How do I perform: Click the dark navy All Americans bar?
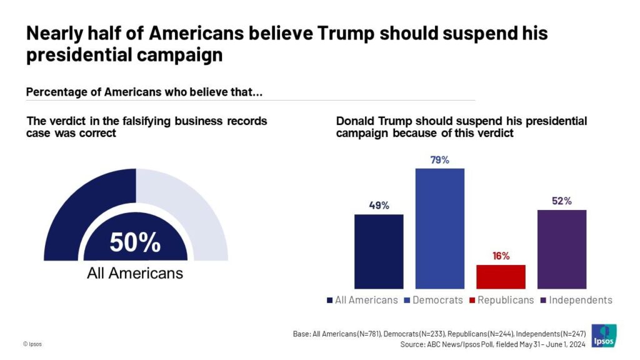379,251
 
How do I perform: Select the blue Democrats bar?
440,228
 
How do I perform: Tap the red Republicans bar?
501,276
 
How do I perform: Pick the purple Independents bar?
562,249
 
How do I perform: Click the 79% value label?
440,160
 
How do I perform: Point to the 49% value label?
379,206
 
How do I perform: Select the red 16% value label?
501,256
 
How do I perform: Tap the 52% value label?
561,201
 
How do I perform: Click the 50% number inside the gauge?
135,242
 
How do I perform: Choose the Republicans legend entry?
501,300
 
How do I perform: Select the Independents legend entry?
575,300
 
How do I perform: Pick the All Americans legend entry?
362,300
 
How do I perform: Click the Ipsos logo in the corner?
604,335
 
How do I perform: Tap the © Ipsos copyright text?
32,344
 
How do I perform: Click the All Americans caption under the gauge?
135,273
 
